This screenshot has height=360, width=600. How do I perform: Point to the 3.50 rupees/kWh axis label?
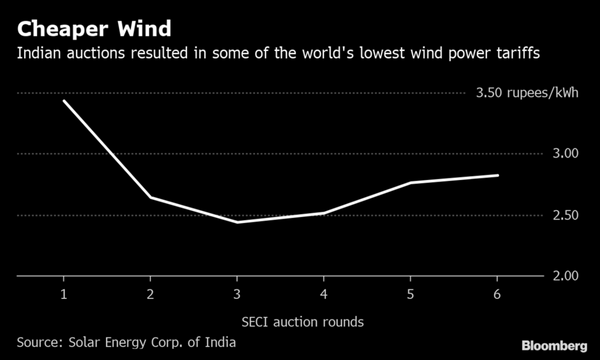tap(524, 93)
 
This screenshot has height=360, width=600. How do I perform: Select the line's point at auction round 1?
tap(63, 100)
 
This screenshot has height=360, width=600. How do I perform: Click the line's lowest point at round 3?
tap(237, 222)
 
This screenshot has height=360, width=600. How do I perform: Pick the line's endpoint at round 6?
tap(498, 175)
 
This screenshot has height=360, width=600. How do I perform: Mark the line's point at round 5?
tap(411, 183)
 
